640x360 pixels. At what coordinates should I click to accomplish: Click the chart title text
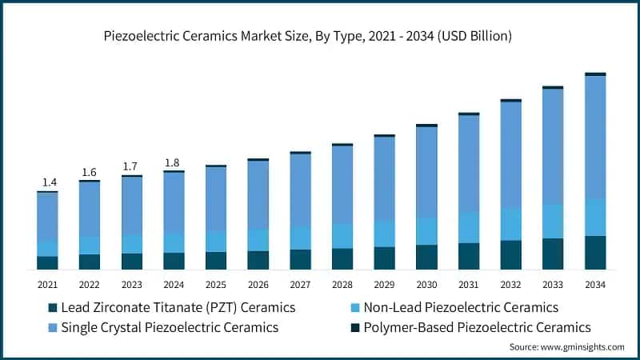point(319,36)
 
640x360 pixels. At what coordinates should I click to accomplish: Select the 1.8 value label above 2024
point(173,163)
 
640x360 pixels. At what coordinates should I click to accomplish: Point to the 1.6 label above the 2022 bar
point(89,172)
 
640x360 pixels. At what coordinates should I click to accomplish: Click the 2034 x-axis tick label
point(595,285)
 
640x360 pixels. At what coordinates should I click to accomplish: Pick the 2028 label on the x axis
point(342,285)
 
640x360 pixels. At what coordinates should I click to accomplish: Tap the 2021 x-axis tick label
point(47,285)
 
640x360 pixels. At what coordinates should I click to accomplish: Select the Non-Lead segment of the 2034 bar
point(595,218)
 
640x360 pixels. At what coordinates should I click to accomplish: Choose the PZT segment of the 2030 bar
point(426,257)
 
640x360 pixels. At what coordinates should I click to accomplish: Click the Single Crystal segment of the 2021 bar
point(47,216)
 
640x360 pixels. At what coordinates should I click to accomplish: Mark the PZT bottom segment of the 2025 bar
point(215,260)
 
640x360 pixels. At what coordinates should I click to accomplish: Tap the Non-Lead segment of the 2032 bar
point(510,224)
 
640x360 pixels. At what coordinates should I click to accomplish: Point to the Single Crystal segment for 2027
point(300,190)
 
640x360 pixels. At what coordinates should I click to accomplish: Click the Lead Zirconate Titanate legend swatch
point(54,308)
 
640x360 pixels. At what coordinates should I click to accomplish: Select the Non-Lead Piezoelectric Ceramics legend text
point(460,308)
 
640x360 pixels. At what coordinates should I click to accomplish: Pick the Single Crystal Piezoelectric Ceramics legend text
point(170,327)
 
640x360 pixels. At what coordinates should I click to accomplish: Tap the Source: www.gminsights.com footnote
point(566,346)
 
